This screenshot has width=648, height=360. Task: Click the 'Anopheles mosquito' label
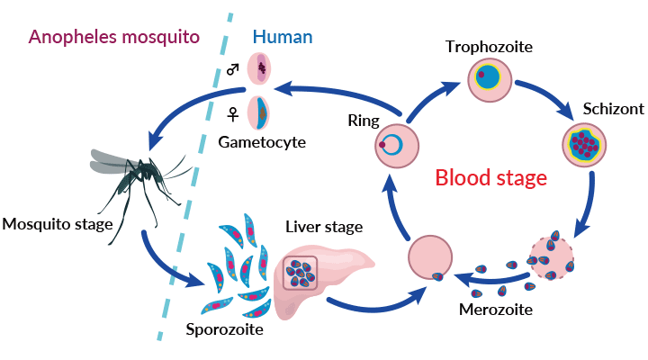[113, 37]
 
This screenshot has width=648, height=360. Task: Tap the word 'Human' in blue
[283, 37]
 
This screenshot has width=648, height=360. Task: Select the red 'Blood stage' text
[491, 177]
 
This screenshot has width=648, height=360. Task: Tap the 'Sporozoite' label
[224, 329]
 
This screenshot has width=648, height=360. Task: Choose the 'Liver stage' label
[320, 224]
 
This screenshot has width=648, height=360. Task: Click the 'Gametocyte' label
[262, 142]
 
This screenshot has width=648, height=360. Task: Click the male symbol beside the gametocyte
[233, 69]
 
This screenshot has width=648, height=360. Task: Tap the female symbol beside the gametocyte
[233, 113]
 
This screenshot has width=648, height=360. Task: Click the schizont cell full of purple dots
[586, 142]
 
